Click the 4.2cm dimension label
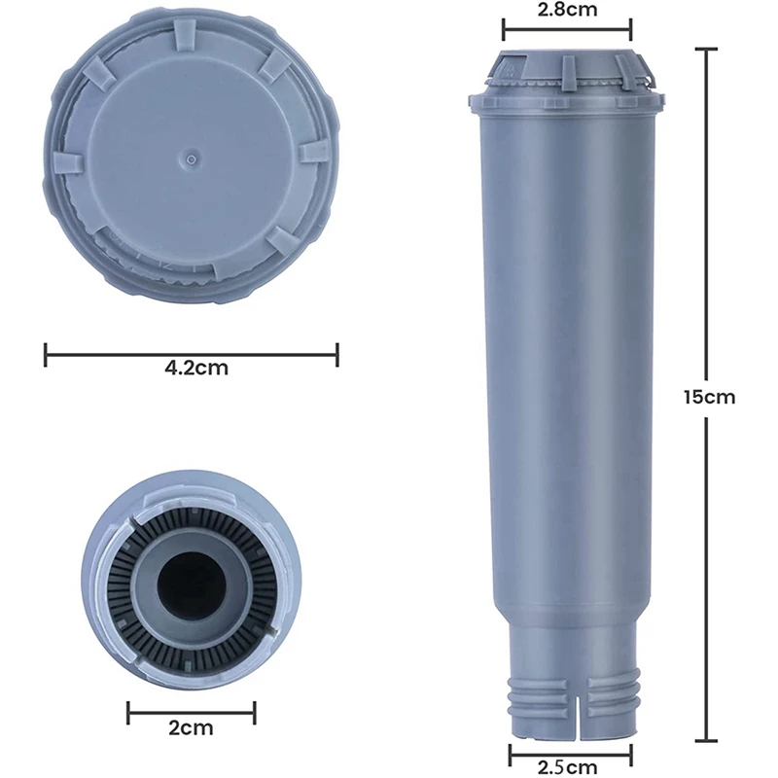tap(191, 369)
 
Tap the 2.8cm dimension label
tap(567, 11)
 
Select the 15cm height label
tap(709, 397)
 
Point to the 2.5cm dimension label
tap(570, 766)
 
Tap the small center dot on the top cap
tap(192, 155)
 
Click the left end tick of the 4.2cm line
tap(46, 354)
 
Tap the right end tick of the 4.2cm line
tap(336, 354)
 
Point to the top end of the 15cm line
tap(706, 49)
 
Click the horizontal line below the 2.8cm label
tap(567, 30)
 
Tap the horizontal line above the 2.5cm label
tap(570, 752)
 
